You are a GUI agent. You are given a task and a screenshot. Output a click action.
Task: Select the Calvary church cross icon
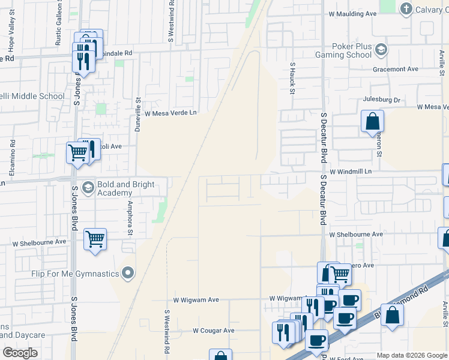(x=406, y=8)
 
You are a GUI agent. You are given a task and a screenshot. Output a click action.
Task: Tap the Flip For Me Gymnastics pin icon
(x=127, y=274)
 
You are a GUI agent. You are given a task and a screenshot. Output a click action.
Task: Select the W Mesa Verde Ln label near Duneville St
(x=170, y=113)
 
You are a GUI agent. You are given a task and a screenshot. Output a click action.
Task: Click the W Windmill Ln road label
(x=351, y=171)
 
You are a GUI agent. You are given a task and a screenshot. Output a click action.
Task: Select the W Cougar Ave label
(x=213, y=331)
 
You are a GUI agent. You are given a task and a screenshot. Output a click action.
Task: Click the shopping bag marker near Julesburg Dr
(x=372, y=121)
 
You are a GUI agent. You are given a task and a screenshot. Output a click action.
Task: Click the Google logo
(x=20, y=353)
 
